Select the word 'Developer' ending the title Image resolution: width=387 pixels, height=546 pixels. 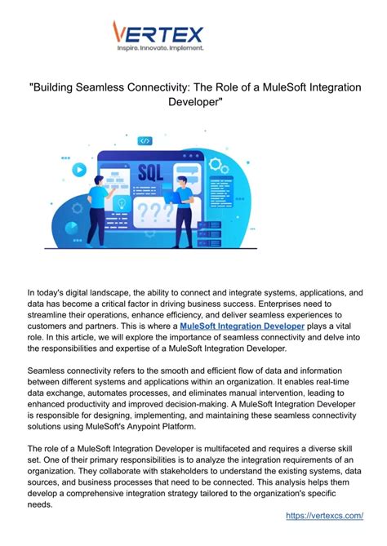click(193, 103)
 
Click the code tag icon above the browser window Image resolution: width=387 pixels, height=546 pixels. click(146, 140)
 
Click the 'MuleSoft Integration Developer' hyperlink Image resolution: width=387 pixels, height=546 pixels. click(242, 326)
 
